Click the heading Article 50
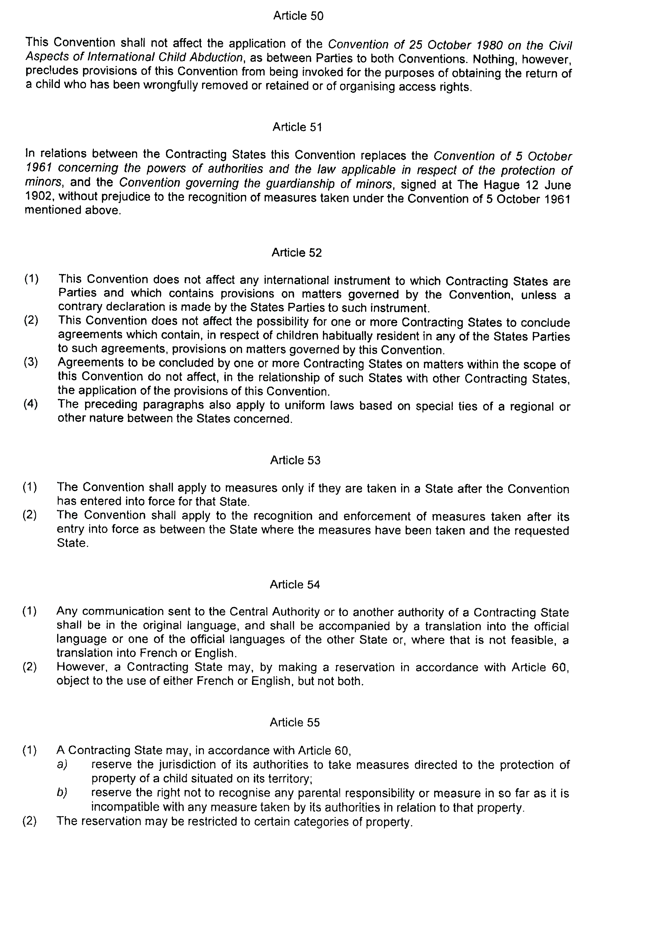(298, 16)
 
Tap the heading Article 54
(294, 585)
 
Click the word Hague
(501, 185)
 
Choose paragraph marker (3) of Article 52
(31, 362)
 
